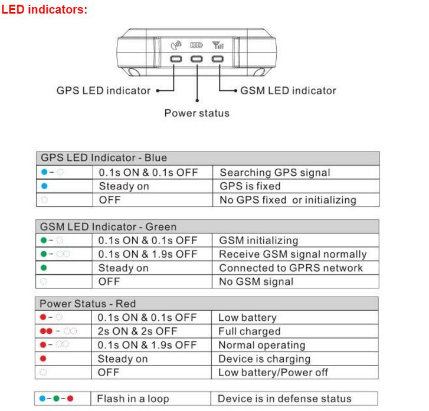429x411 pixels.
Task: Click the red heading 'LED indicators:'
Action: point(44,9)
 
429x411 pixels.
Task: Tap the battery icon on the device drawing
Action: point(197,45)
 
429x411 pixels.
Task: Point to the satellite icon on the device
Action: point(176,45)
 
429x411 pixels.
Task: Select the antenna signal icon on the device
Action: point(218,45)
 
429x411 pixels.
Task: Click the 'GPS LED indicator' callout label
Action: point(103,90)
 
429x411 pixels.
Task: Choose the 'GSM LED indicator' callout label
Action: point(288,90)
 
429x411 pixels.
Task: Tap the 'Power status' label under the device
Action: point(197,113)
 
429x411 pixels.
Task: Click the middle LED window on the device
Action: point(197,59)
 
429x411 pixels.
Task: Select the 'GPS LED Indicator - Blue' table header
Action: point(104,158)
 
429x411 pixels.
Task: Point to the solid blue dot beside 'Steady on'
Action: point(44,186)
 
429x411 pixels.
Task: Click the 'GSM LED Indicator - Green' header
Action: point(108,226)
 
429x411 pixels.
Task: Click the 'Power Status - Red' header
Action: point(87,304)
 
